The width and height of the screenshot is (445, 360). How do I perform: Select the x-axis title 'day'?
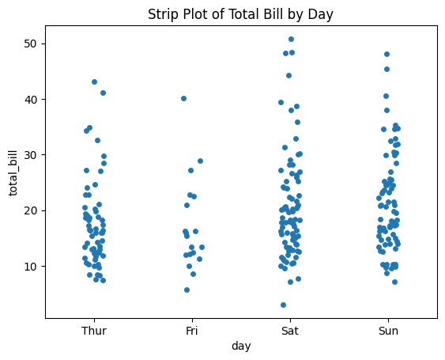(x=241, y=347)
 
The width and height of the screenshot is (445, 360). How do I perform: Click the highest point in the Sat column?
(x=291, y=39)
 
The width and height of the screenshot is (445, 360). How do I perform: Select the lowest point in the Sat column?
(x=283, y=305)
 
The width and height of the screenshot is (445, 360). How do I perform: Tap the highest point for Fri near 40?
(x=183, y=98)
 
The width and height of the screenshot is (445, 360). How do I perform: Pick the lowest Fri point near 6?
(x=187, y=290)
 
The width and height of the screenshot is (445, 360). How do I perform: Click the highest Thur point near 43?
(x=94, y=81)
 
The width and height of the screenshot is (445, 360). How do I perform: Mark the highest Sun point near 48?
(x=387, y=54)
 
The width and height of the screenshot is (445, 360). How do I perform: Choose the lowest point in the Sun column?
(x=394, y=282)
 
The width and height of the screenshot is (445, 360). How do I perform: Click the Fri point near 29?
(x=200, y=161)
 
